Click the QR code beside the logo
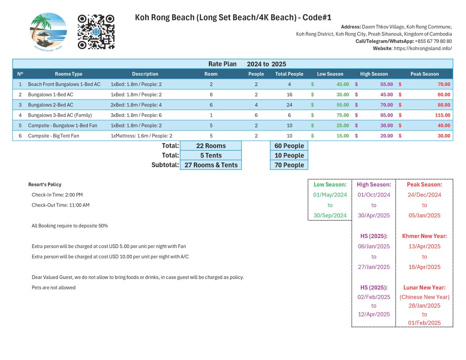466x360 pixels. (96, 32)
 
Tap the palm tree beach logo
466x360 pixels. (48, 32)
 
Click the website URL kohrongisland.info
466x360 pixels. (423, 48)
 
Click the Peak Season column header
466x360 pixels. (424, 74)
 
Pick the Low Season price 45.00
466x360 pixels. (342, 84)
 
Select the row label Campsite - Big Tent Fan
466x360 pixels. (53, 136)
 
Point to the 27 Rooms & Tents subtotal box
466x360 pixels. (211, 165)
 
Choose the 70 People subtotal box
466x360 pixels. (289, 165)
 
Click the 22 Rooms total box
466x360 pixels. (211, 146)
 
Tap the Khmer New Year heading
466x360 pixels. (424, 236)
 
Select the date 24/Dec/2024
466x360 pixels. (424, 195)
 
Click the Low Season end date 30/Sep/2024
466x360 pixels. (330, 215)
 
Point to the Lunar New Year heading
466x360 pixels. (424, 287)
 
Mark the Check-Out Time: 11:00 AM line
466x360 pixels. (61, 205)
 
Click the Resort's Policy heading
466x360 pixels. (45, 184)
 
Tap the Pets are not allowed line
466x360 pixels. (54, 287)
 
